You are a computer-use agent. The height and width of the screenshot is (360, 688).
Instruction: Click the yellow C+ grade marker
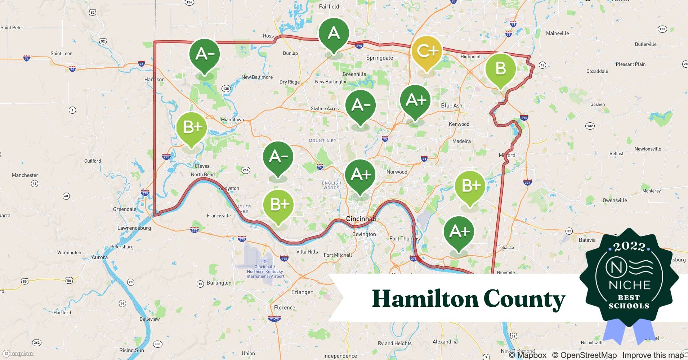coord(426,52)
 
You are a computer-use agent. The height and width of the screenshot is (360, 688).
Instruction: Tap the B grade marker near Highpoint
coord(500,69)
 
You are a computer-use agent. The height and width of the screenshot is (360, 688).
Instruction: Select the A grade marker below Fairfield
coord(334,33)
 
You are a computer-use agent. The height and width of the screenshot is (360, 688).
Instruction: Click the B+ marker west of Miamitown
coord(192,127)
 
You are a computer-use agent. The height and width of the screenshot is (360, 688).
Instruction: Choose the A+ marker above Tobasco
coord(459,231)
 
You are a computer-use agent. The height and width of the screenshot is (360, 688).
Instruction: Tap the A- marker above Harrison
coord(205,54)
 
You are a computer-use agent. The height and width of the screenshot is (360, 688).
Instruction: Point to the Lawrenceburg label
coord(134,228)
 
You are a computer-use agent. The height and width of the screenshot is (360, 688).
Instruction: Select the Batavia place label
coord(587,240)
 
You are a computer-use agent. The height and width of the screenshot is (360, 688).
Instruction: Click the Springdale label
coord(379,58)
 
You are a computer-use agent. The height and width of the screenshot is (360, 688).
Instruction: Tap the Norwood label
coord(397,172)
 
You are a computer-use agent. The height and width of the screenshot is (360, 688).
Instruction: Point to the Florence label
coord(284,307)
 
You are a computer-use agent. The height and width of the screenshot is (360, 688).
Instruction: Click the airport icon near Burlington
coord(265,261)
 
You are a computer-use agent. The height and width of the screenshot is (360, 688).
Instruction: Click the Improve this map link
coord(653,355)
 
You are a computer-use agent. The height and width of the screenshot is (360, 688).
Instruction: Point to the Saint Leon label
coord(61,53)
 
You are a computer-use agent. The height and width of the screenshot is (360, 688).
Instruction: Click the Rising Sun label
coord(131,350)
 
